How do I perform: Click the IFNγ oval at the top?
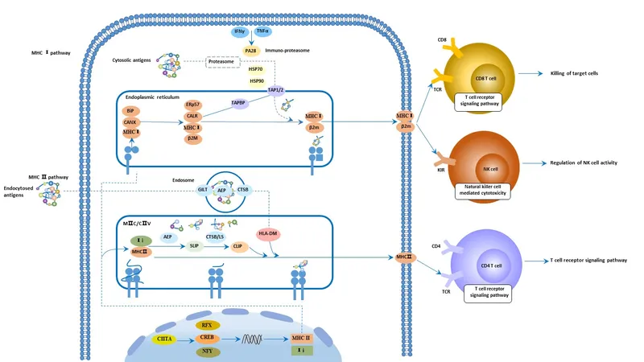coord(239,31)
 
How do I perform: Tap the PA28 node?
coord(250,50)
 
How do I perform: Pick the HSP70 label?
coord(257,70)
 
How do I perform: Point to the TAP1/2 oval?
coord(276,90)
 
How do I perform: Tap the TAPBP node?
coord(238,103)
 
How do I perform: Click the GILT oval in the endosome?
coord(204,189)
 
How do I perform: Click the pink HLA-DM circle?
coord(268,232)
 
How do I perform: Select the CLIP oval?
coord(238,246)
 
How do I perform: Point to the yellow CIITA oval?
coord(165,339)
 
